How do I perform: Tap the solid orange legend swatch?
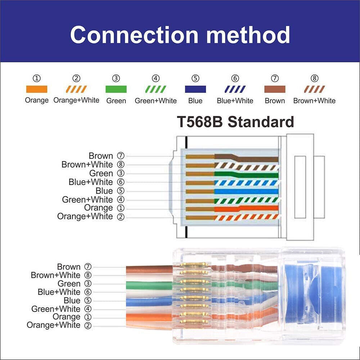coord(36,89)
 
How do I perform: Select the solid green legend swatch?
coord(116,89)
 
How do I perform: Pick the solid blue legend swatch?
coord(195,89)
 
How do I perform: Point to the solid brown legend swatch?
coord(275,89)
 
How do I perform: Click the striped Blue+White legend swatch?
coord(235,89)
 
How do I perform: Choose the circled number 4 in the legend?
coord(156,78)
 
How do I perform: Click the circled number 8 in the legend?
coord(314,78)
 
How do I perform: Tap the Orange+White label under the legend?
coord(76,100)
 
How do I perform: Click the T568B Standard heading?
coord(235,122)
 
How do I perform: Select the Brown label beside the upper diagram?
coord(101,156)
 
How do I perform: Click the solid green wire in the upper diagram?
coord(252,175)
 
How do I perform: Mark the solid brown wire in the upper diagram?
coord(252,158)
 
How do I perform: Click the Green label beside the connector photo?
coord(69,284)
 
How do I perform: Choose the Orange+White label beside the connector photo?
coord(54,325)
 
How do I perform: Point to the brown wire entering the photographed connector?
coord(148,269)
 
